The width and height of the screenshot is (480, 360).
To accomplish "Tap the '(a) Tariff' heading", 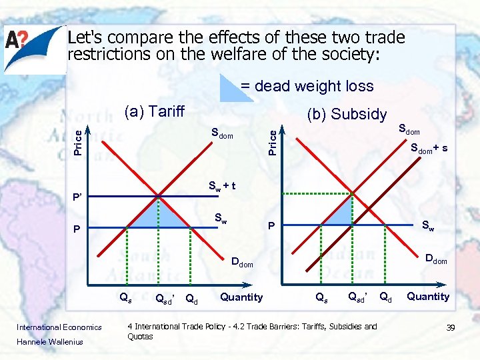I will (154, 111).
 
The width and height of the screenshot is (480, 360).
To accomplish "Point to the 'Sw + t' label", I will (222, 186).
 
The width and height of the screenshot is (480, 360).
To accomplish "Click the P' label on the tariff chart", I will (77, 197).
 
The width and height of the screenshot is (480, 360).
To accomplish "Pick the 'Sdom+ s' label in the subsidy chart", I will (429, 147).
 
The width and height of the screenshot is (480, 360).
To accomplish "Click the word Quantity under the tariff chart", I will (241, 297).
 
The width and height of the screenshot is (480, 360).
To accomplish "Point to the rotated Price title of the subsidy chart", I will (272, 141).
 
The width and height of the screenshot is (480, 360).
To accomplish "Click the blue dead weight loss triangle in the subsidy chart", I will (342, 215).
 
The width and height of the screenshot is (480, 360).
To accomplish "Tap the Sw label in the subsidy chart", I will (427, 227).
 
